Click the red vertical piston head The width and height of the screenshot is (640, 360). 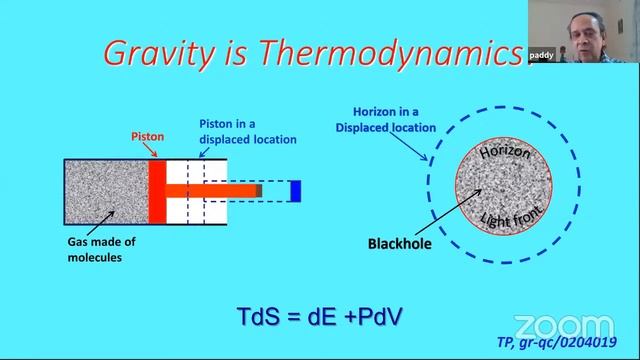click(157, 189)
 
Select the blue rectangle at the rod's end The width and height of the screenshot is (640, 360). click(295, 190)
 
